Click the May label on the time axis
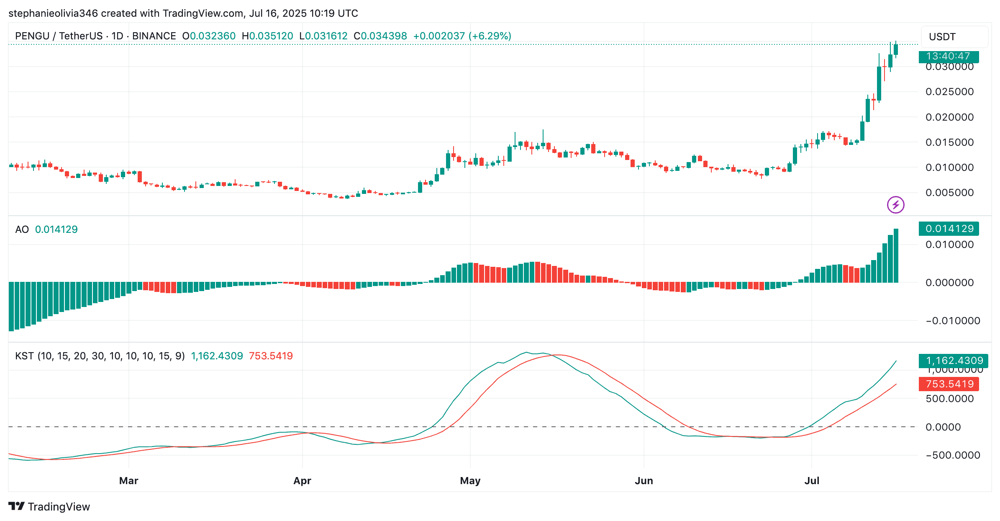[x=470, y=480]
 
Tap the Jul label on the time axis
[x=811, y=480]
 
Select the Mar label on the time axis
[x=128, y=480]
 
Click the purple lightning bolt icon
[x=895, y=205]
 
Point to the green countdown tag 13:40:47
[x=948, y=56]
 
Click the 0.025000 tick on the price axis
[x=949, y=92]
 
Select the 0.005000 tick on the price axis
[x=949, y=193]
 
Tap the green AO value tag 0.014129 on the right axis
[x=949, y=229]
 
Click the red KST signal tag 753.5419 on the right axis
[x=949, y=384]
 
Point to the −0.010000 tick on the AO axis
[x=953, y=321]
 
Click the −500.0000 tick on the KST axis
[x=953, y=455]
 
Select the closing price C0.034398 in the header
[x=380, y=36]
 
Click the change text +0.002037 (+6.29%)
[x=462, y=36]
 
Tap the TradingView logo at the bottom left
[x=49, y=507]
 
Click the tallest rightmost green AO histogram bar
[x=896, y=255]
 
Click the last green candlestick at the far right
[x=896, y=49]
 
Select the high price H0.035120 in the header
[x=267, y=36]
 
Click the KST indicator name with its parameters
[x=100, y=356]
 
